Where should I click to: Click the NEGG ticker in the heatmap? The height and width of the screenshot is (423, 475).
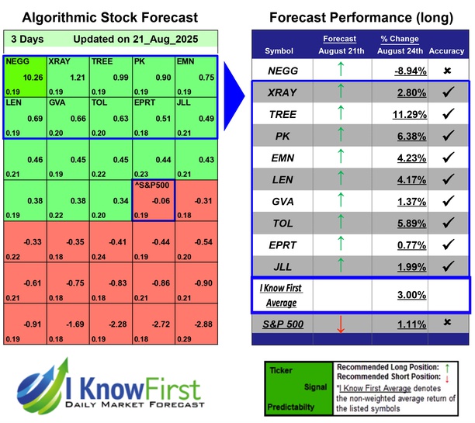15,61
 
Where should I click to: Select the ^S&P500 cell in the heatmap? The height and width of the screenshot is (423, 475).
153,199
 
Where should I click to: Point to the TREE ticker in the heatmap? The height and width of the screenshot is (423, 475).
102,61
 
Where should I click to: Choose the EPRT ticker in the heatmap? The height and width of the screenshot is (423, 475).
145,102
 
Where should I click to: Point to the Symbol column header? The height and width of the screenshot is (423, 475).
279,51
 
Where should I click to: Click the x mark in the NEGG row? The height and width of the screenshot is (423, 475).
448,71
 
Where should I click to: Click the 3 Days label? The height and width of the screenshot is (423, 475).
25,39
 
